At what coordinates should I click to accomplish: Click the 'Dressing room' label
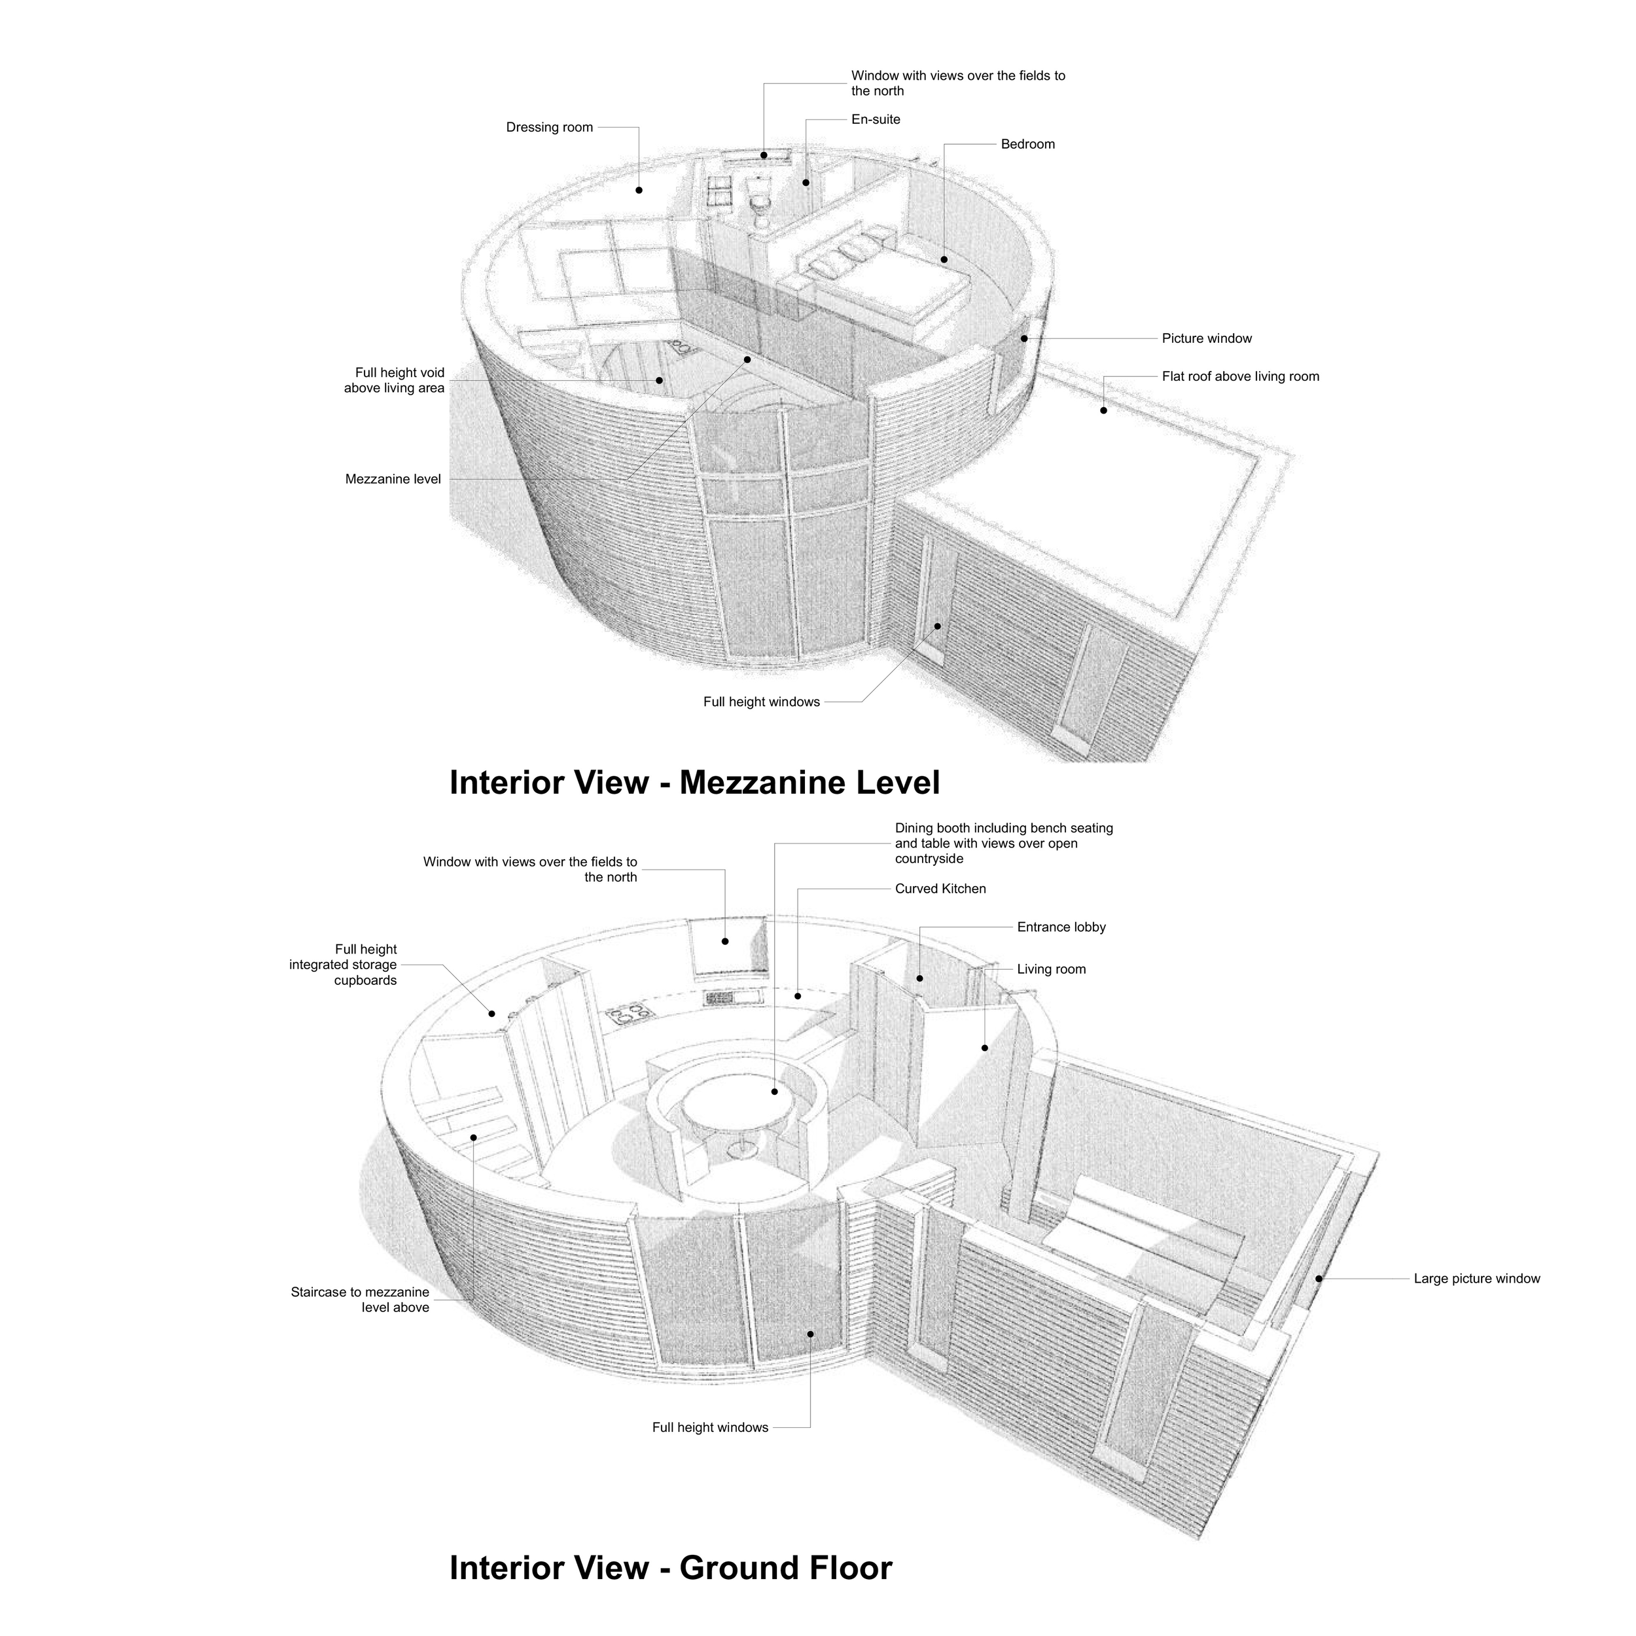550,128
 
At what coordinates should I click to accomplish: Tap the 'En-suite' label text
876,119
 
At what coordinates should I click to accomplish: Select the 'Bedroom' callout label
1027,144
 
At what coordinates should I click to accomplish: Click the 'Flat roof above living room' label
1239,377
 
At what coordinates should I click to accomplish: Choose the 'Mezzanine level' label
393,479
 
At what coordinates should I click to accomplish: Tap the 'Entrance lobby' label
1061,927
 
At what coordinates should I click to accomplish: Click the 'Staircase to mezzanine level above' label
360,1300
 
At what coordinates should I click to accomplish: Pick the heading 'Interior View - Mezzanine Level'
694,783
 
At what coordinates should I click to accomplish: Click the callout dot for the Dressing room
639,190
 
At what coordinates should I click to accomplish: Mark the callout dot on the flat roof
1103,411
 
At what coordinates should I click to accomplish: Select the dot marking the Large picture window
1319,1279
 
